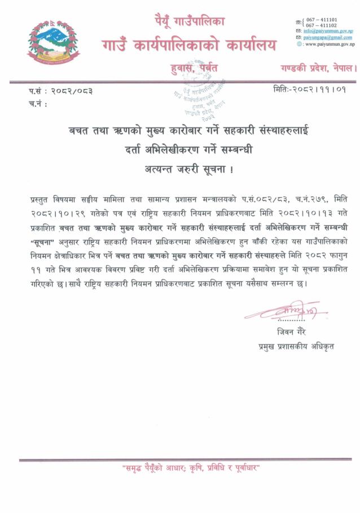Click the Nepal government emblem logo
(x=54, y=43)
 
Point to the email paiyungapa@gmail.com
(x=327, y=37)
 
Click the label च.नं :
(x=37, y=104)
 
